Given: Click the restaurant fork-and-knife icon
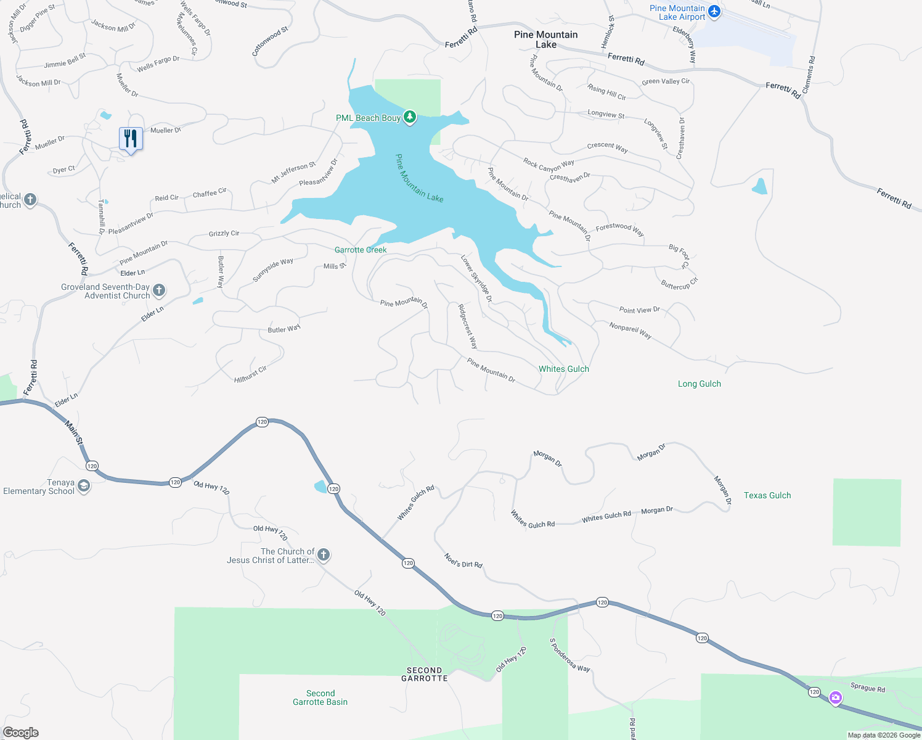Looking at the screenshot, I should tap(131, 138).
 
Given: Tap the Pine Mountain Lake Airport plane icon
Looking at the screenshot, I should tap(714, 12).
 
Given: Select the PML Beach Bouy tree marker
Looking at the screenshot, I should tap(409, 117).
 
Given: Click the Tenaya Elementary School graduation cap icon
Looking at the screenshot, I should tap(84, 487).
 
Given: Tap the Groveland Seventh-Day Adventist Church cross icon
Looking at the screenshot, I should tap(159, 290).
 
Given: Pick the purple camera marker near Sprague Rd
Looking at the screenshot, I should tap(835, 697).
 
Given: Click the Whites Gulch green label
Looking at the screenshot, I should tap(564, 369).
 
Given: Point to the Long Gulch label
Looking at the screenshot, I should tap(699, 384).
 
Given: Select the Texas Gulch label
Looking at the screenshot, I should tap(767, 495).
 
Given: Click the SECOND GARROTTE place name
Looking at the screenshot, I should tap(425, 674).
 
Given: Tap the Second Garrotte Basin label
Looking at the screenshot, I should tap(320, 697).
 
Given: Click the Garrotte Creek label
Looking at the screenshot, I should tap(361, 250).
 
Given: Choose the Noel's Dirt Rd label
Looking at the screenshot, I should tap(463, 561).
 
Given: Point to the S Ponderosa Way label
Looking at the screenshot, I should tap(569, 655).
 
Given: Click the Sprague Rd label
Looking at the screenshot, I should tap(867, 688).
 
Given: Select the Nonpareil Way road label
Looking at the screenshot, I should tap(630, 331).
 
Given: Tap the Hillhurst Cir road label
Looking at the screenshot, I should tap(250, 374).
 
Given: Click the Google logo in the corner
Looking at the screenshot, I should tap(21, 733).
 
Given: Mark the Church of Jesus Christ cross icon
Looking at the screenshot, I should tap(323, 555).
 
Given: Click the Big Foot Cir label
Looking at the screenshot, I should tap(679, 256).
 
